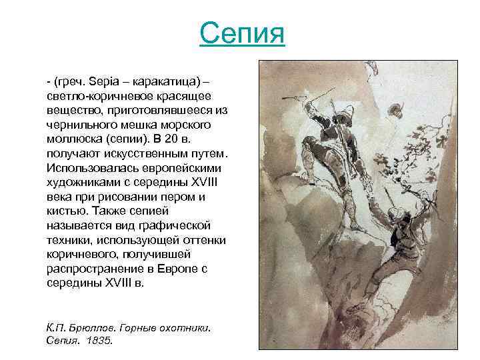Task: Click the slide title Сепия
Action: (242, 33)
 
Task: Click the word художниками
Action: (81, 181)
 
